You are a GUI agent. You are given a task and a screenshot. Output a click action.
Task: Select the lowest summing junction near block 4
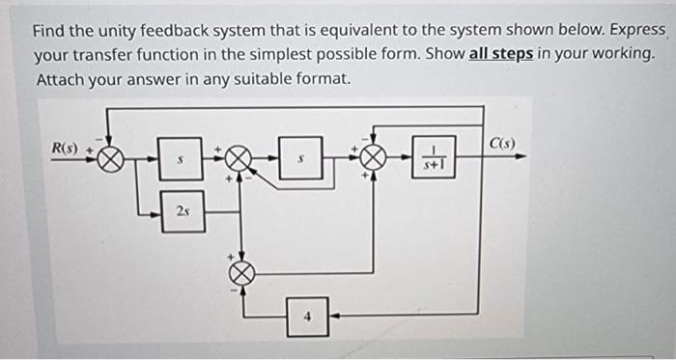tap(241, 274)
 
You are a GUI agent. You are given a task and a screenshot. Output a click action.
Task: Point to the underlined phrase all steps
tap(502, 54)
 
